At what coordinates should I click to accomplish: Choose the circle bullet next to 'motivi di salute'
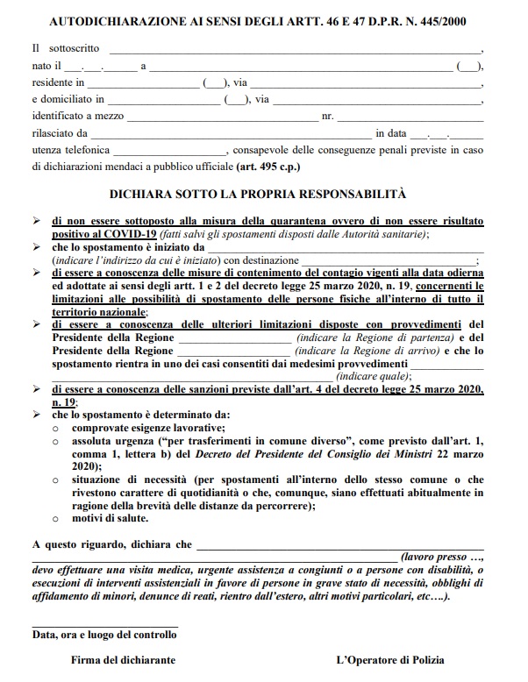[x=55, y=520]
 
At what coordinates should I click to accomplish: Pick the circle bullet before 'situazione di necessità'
[x=55, y=480]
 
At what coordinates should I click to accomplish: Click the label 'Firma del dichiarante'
[x=123, y=659]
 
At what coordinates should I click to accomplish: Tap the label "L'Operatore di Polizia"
[x=390, y=659]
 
